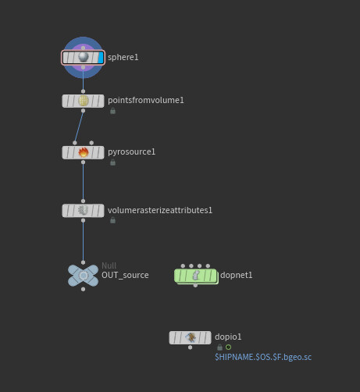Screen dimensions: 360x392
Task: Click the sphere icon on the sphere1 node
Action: (84, 57)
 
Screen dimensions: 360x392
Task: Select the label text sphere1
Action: (123, 57)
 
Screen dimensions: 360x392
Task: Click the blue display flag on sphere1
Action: (101, 57)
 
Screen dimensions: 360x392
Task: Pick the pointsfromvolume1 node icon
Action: (84, 101)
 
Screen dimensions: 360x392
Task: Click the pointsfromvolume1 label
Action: (146, 100)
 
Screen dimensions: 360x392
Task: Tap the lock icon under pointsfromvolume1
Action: (112, 111)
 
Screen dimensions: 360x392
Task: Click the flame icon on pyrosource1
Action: (84, 152)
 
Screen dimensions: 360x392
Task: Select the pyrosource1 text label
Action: (131, 151)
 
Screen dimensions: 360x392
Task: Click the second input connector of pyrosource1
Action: (91, 143)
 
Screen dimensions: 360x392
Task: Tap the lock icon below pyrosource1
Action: (112, 162)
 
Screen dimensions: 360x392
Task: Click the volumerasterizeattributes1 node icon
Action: (84, 210)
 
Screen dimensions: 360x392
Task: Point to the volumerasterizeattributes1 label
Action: (160, 210)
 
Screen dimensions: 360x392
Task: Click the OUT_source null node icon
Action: (83, 276)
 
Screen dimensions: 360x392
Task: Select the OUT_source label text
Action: (125, 275)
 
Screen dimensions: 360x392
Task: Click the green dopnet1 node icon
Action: (195, 276)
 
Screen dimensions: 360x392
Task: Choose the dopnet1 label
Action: (236, 275)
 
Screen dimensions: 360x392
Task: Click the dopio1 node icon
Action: (191, 337)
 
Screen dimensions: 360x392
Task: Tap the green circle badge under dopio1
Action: (228, 347)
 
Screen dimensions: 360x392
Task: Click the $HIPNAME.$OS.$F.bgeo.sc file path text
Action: (263, 357)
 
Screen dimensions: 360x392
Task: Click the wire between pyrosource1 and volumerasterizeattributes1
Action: (83, 182)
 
